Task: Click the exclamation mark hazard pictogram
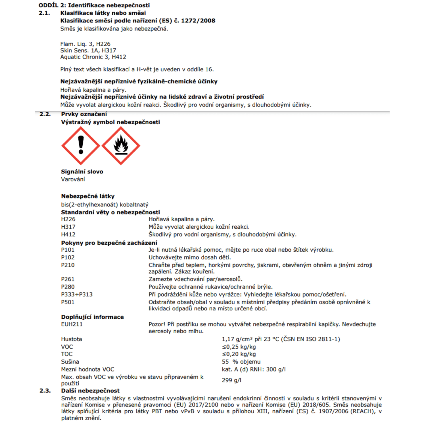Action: coord(81,146)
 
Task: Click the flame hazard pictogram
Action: coord(121,146)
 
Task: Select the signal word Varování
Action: coord(73,179)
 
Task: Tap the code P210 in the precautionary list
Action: coord(68,265)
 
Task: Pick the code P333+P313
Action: coord(77,295)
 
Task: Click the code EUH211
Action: coord(72,324)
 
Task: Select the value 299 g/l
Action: coord(231,380)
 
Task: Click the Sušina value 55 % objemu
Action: coord(241,362)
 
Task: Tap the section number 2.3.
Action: coord(45,391)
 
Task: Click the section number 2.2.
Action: coord(45,114)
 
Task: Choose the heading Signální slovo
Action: coord(82,172)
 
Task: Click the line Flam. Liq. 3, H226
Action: coord(85,44)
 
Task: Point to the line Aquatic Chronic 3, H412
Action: coord(93,57)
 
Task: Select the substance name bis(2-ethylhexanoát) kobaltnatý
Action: coord(105,205)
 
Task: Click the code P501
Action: coord(68,302)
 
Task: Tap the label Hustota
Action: coord(71,339)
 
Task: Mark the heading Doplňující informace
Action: coord(92,317)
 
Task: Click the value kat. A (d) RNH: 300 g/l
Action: coord(254,369)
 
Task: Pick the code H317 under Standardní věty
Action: coord(68,227)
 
